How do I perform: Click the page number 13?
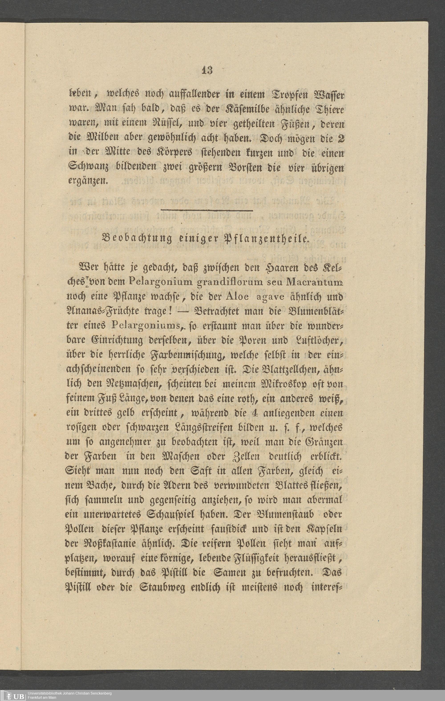(207, 71)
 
